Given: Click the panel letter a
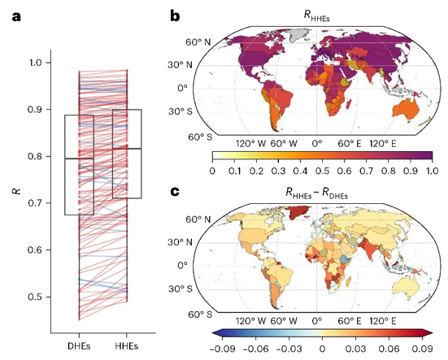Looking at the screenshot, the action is coord(16,17).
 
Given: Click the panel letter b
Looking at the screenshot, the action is coord(175,16).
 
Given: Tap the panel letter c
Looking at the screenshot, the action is coord(175,191).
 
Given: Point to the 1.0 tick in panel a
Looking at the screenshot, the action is coord(37,63).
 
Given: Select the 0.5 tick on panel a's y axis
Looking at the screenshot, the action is coord(36,297).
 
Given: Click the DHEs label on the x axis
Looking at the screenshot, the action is coord(79,346).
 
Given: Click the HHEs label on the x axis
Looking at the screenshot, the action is coord(127,346).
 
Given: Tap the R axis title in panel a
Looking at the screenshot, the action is coord(17,191).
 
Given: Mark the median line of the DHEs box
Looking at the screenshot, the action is coord(79,158).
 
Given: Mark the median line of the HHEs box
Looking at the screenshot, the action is coord(127,149).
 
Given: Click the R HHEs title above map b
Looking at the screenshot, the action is coord(316,16).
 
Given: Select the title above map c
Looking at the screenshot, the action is coord(316,193).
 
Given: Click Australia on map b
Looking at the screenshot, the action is coord(406,110).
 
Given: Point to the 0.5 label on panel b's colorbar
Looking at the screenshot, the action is coord(322,171).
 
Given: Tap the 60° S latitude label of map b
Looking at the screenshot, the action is coord(200,137).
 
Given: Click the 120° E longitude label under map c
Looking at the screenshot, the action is coord(383,322).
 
